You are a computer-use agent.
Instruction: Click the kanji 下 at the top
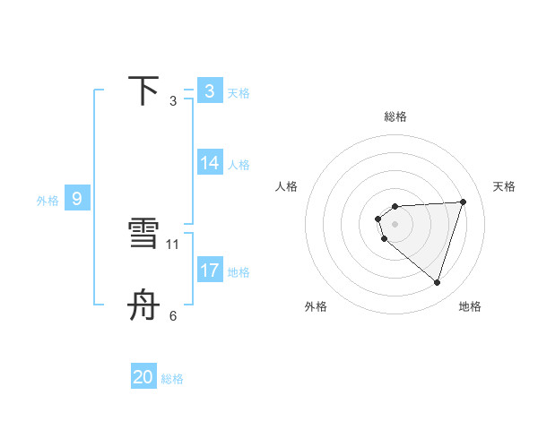144,91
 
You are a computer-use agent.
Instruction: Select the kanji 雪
144,235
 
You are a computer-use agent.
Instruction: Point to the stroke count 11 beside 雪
173,244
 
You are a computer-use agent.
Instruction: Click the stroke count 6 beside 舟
173,315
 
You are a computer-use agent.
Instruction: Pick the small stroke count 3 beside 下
173,101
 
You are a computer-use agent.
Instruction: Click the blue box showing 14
210,163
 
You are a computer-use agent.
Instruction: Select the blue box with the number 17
210,271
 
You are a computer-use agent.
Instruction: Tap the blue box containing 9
77,199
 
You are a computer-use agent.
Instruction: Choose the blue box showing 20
143,377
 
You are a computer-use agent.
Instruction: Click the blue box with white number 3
210,91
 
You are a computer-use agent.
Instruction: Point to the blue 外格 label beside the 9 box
48,201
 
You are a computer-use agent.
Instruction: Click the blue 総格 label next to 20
172,379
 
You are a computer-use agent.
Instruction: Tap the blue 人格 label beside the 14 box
239,165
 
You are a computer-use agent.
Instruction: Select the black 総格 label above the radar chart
395,116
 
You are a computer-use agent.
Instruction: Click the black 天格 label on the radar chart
504,186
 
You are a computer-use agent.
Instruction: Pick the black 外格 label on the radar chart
316,306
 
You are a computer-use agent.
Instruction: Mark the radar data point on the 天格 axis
464,202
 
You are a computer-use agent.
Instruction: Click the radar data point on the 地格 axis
438,283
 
